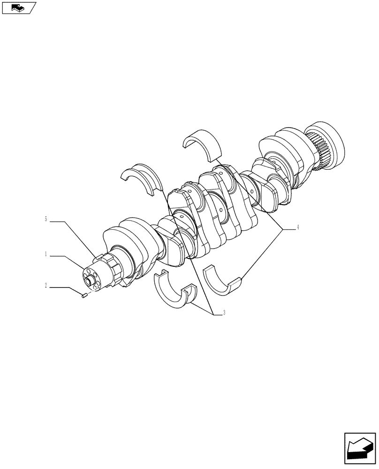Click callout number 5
coord(46,219)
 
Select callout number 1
coord(46,254)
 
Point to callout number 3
coord(224,313)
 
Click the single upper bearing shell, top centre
coord(202,143)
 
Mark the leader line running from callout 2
coord(66,289)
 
